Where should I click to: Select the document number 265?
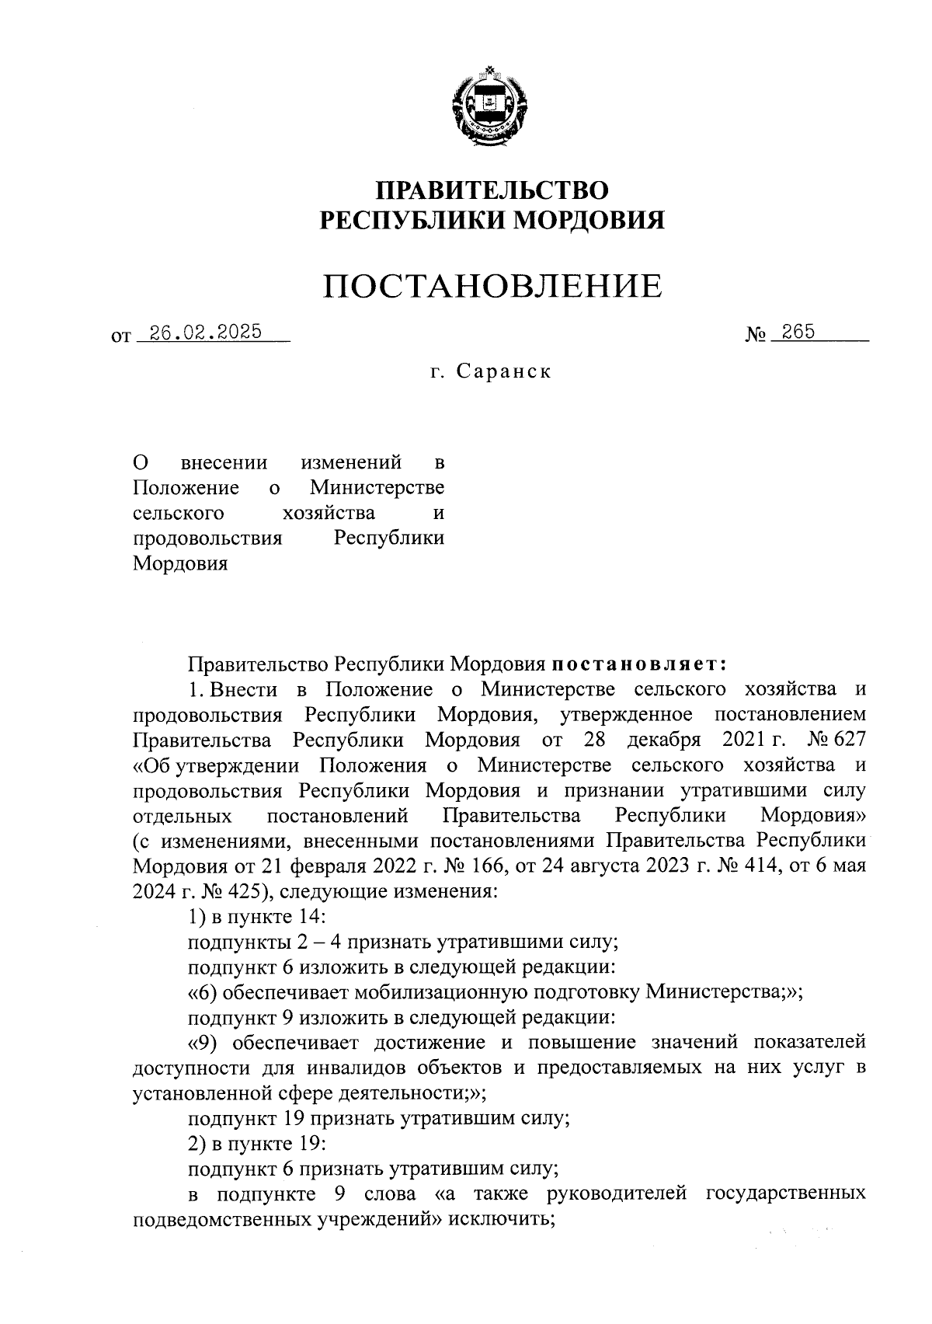(798, 332)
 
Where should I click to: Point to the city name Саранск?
(503, 371)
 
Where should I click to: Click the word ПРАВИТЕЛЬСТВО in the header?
(492, 190)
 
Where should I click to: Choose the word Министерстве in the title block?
(377, 488)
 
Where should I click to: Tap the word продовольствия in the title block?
(207, 538)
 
